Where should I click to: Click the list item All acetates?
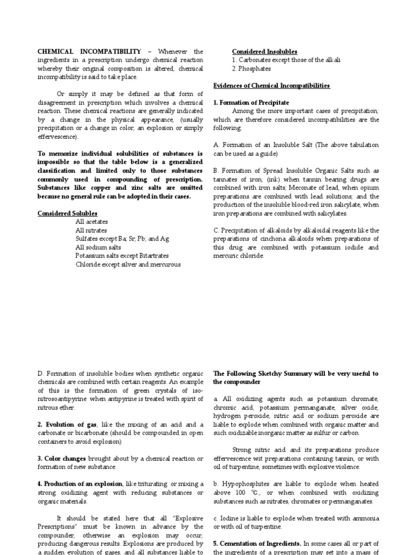point(92,222)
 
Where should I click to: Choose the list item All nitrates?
point(92,230)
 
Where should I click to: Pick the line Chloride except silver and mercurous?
point(128,264)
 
